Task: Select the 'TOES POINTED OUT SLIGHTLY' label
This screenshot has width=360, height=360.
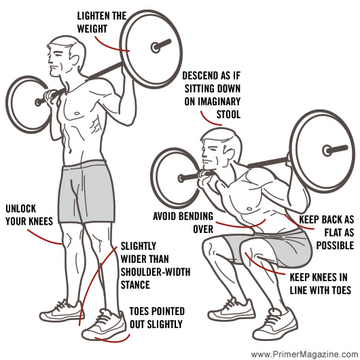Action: click(156, 318)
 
